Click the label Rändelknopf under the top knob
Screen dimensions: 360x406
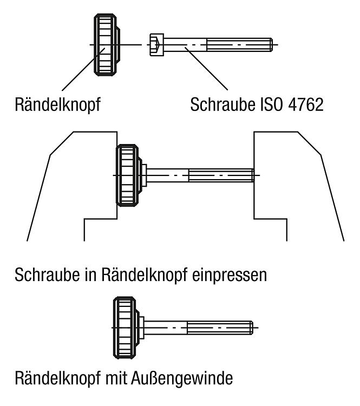click(x=57, y=104)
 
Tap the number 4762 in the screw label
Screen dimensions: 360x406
click(x=306, y=104)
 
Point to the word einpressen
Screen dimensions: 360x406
click(x=230, y=275)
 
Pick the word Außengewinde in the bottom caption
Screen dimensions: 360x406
click(x=182, y=378)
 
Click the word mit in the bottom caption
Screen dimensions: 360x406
click(x=116, y=378)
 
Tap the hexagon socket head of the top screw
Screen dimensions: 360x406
click(x=156, y=45)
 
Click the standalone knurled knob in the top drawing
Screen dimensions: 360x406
click(x=107, y=45)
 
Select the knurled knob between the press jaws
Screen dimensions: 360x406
click(x=129, y=175)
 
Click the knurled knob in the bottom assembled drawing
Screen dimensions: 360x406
click(x=126, y=328)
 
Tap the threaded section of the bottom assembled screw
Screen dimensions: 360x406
click(x=220, y=328)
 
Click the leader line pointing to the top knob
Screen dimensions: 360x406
click(x=83, y=69)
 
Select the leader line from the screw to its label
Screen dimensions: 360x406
click(x=206, y=69)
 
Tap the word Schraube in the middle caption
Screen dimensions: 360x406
click(x=47, y=274)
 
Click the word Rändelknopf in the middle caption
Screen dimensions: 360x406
click(x=144, y=275)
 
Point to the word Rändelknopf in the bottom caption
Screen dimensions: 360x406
click(x=58, y=378)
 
